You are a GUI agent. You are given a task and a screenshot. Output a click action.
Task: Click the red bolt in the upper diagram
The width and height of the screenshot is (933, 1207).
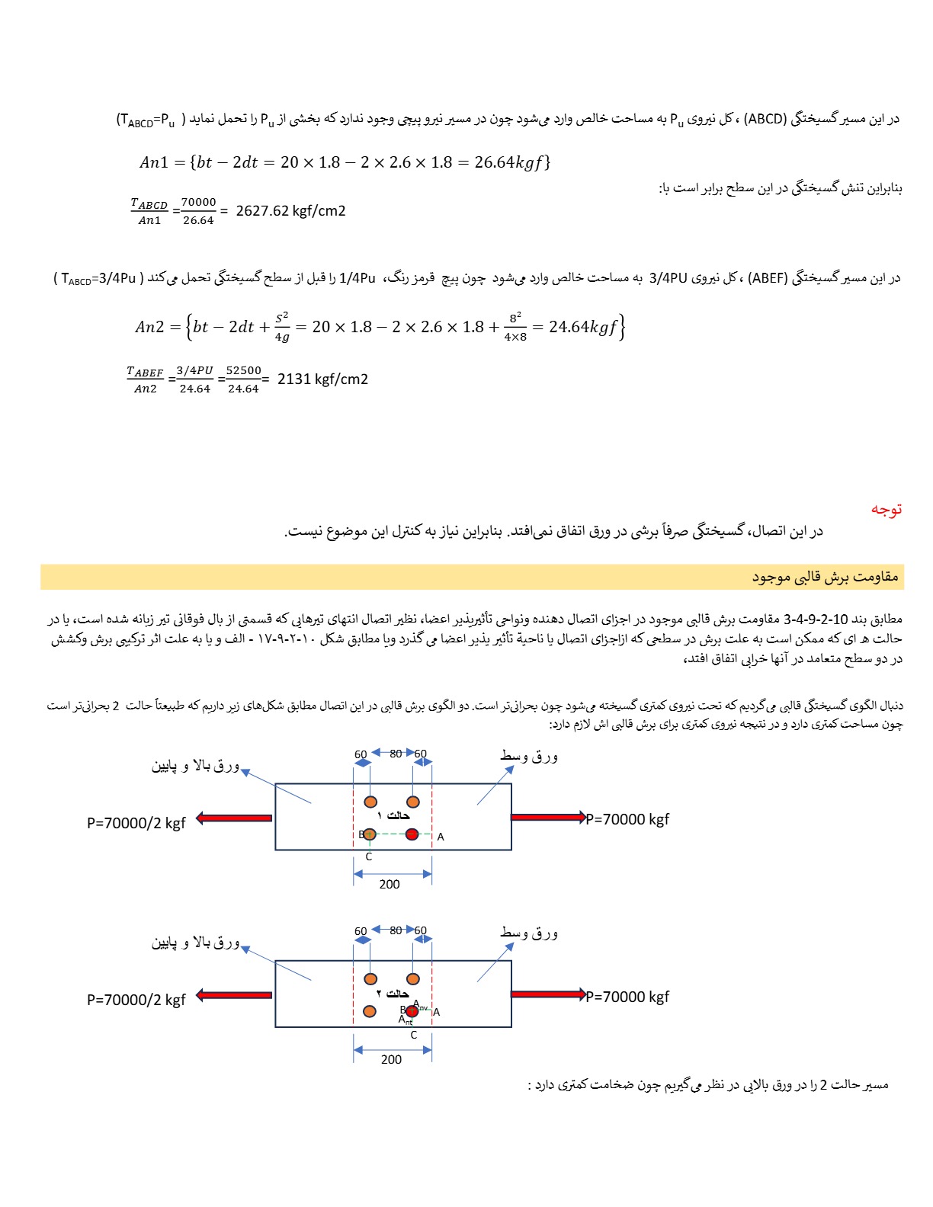(x=412, y=834)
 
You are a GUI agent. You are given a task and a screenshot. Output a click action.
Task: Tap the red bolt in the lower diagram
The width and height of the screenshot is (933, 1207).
(x=412, y=1011)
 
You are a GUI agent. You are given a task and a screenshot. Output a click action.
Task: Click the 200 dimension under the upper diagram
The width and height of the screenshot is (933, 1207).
(x=390, y=884)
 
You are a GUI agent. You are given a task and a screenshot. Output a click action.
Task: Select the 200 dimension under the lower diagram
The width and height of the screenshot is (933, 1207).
(x=391, y=1059)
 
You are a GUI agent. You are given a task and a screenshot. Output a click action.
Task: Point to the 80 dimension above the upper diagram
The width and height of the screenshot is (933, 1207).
(x=396, y=754)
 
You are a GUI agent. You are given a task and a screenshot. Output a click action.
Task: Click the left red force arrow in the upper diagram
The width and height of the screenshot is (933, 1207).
(x=234, y=818)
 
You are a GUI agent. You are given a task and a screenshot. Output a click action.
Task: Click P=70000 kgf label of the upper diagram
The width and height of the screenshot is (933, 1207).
(x=627, y=819)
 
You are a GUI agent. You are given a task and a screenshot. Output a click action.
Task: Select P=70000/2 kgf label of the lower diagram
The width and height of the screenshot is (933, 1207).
(x=136, y=1000)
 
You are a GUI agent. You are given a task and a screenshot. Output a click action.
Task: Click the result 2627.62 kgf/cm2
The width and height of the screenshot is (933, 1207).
(x=290, y=211)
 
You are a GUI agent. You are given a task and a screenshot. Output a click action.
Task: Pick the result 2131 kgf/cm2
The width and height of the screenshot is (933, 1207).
(x=322, y=379)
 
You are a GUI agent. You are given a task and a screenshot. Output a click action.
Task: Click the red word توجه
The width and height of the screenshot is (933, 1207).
(x=887, y=509)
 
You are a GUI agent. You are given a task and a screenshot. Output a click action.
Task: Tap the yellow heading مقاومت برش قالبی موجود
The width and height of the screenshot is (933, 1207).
(x=826, y=577)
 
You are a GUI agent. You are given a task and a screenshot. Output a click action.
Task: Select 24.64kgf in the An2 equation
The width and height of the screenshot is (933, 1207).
(x=582, y=327)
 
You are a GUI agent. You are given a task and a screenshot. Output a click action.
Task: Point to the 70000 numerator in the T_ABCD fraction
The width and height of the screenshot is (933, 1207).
(x=198, y=202)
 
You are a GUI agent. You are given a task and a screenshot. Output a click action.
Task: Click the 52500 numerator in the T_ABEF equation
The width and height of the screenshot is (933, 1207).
(x=243, y=370)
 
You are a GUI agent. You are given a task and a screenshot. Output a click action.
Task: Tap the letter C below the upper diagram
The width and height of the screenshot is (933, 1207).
(x=369, y=857)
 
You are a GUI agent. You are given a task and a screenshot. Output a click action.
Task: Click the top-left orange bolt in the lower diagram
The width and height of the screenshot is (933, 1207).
(x=370, y=978)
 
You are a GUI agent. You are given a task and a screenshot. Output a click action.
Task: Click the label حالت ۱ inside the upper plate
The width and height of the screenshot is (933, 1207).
(x=394, y=816)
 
